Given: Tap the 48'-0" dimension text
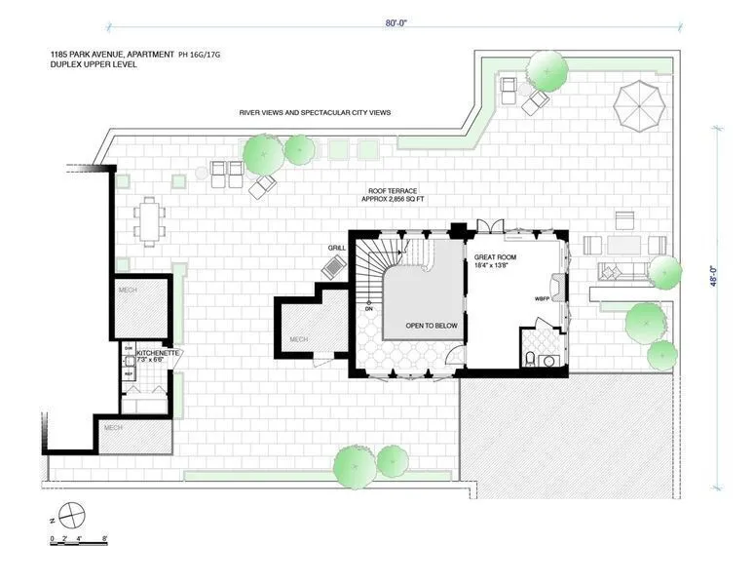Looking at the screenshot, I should pyautogui.click(x=718, y=277).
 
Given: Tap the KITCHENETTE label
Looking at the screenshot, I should pyautogui.click(x=158, y=352).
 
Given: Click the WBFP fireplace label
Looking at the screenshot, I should pyautogui.click(x=544, y=298).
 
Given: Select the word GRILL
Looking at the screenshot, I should pyautogui.click(x=337, y=248).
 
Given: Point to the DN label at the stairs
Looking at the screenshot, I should pyautogui.click(x=369, y=308).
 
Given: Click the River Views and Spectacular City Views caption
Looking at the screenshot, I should pyautogui.click(x=315, y=113).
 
